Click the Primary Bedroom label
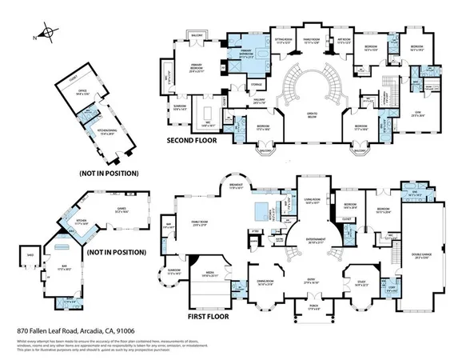pyautogui.click(x=189, y=70)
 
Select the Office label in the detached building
pyautogui.click(x=82, y=92)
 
